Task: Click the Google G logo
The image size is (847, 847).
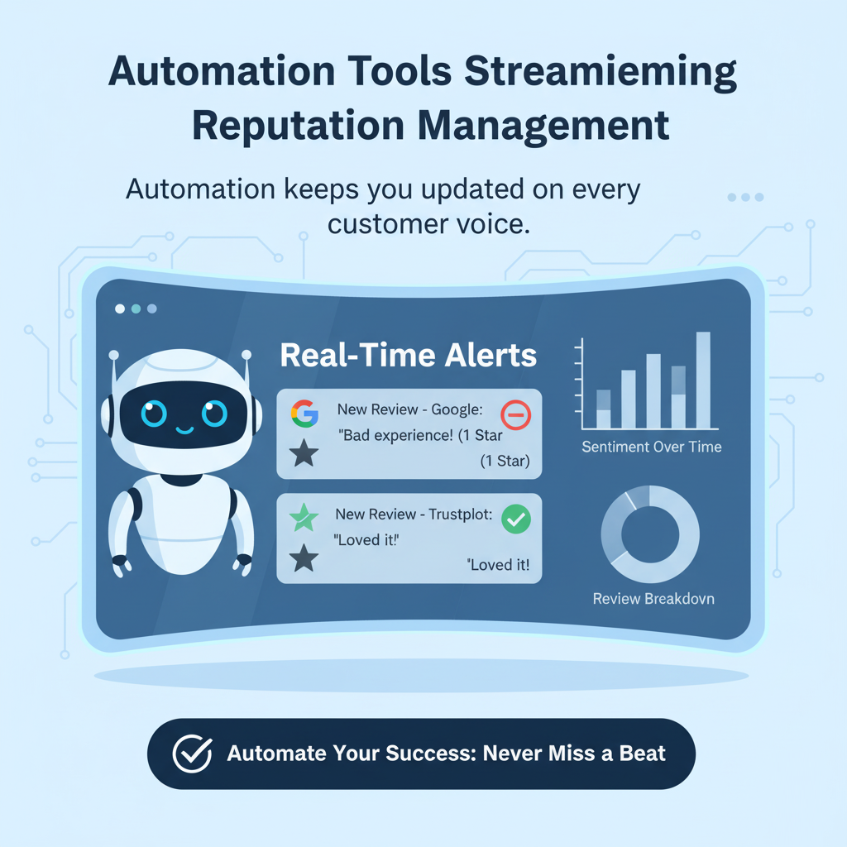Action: (304, 413)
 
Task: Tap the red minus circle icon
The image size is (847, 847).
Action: (516, 414)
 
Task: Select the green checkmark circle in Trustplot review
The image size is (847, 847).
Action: (516, 519)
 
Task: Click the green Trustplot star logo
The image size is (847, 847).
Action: (304, 519)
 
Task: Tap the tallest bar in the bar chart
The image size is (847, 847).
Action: (703, 380)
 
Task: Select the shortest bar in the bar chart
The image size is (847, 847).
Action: (603, 409)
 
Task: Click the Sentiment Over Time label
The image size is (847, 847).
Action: (651, 447)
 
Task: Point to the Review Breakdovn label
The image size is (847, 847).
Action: (653, 599)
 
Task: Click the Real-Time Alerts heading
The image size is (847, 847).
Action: (409, 356)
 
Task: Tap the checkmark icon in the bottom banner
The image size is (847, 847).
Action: (192, 754)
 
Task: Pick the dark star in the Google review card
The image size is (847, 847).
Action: (304, 453)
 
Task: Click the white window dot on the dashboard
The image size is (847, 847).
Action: (120, 309)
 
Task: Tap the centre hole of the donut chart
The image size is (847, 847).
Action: (650, 534)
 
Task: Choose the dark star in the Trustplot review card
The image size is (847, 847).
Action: (304, 560)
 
